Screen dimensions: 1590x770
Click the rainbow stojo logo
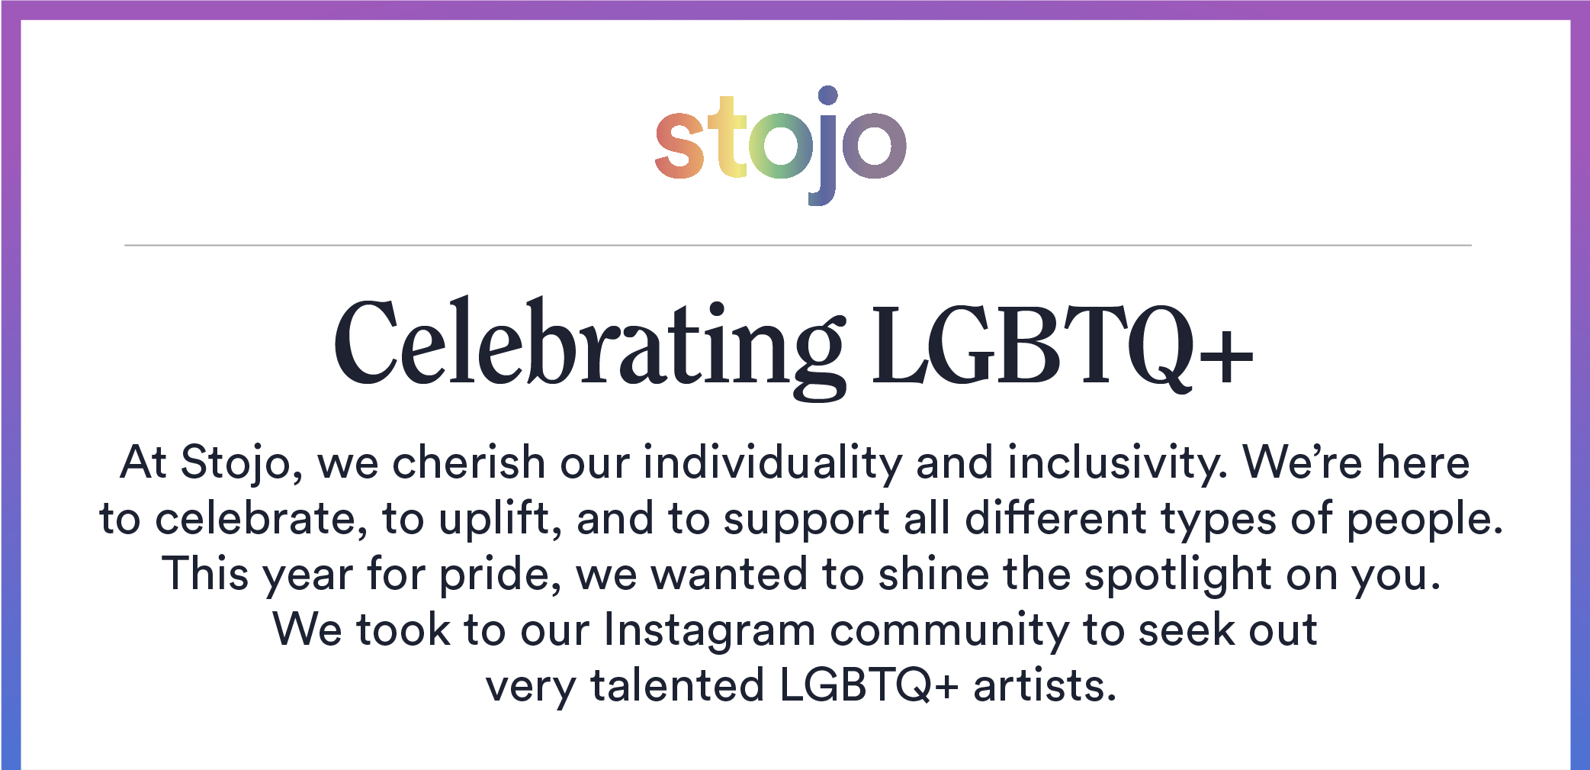coord(781,145)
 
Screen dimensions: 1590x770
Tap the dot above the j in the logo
coord(828,95)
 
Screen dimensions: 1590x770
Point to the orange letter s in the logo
coord(679,145)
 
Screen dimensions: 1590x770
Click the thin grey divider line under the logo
coord(798,245)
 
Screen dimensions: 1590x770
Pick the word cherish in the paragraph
coord(468,462)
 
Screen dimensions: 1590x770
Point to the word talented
coord(677,685)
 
